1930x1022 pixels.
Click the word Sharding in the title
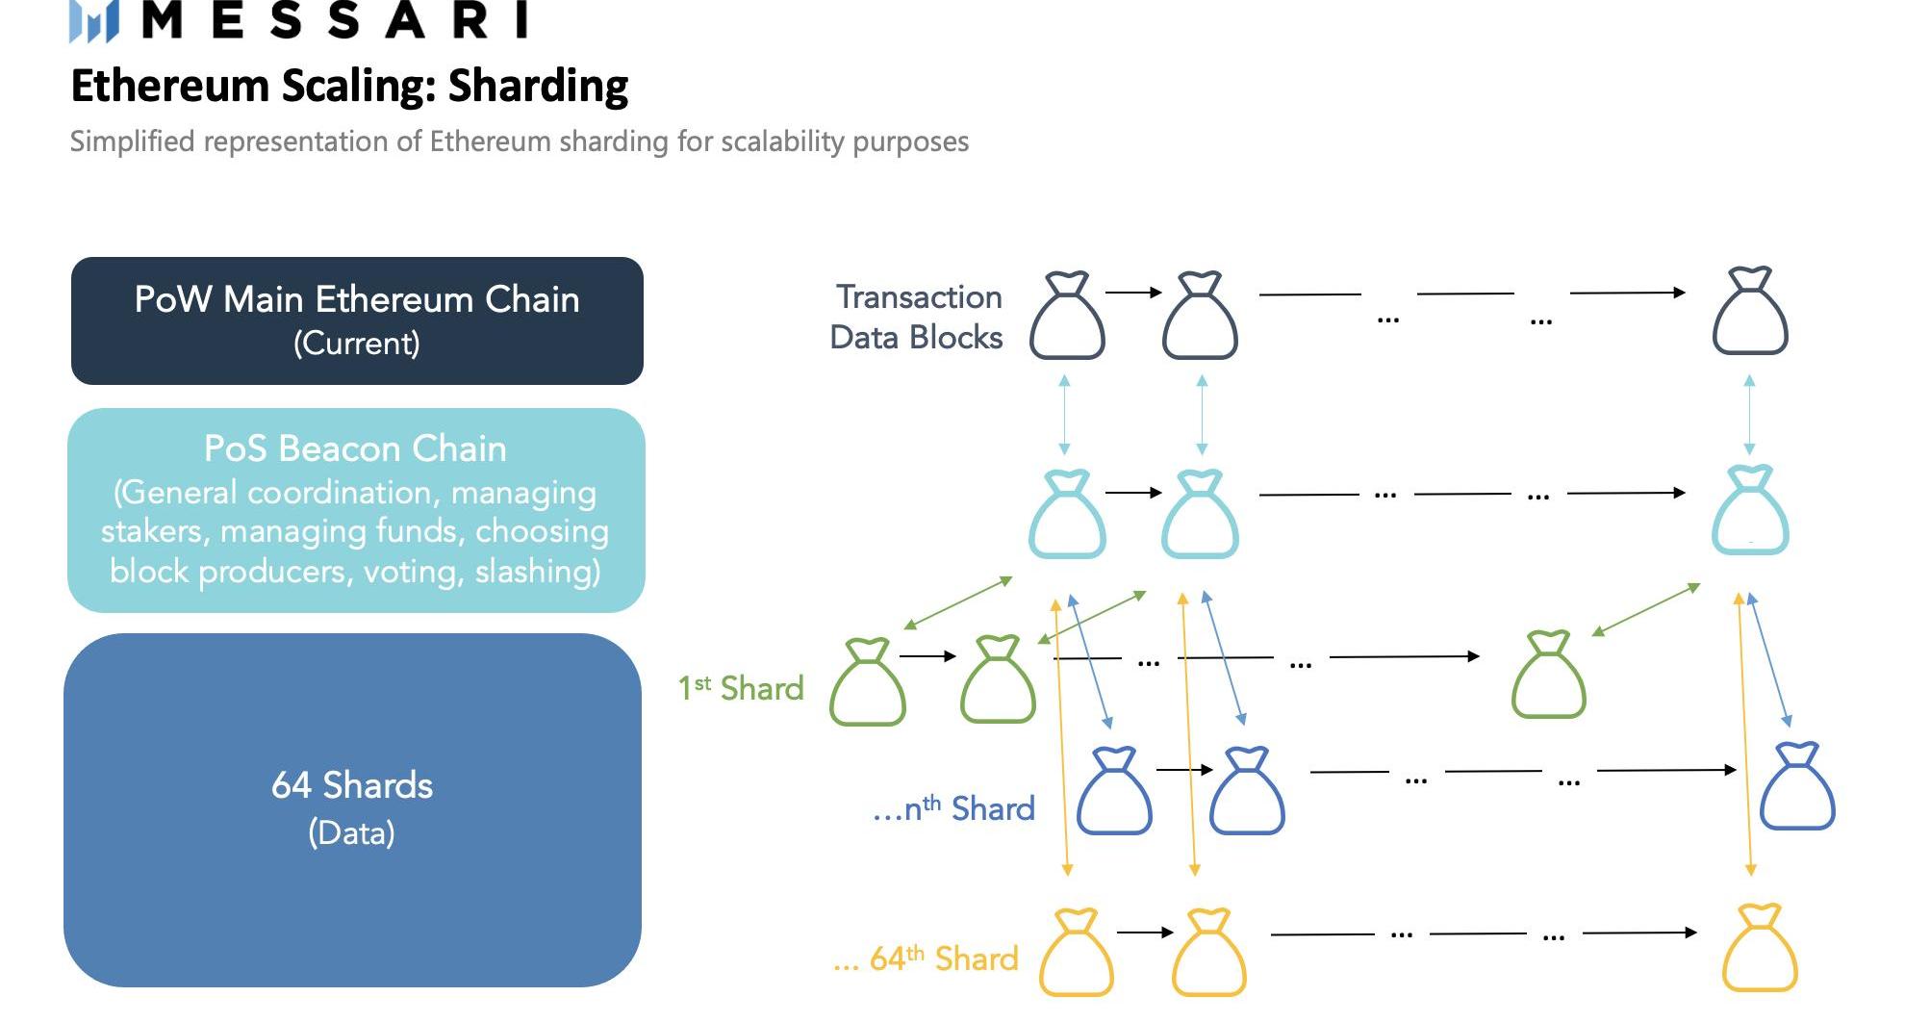pos(538,86)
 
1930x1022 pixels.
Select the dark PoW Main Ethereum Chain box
pos(357,320)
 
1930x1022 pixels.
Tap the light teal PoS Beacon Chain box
pos(356,510)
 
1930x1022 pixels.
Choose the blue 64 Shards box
pos(352,809)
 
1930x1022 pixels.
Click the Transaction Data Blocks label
pos(917,317)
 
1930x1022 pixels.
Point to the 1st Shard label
pos(741,688)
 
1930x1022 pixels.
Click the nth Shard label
pos(953,808)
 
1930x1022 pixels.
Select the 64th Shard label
pos(927,958)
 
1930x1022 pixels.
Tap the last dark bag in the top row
pos(1750,312)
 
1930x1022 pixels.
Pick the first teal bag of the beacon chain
pos(1067,514)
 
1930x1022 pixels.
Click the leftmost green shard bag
pos(868,682)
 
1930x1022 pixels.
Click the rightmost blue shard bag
pos(1796,786)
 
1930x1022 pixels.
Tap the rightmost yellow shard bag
pos(1759,949)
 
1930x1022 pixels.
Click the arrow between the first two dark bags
pos(1133,293)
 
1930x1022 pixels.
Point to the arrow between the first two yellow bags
pos(1145,932)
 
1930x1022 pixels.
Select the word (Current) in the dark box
pos(357,344)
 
